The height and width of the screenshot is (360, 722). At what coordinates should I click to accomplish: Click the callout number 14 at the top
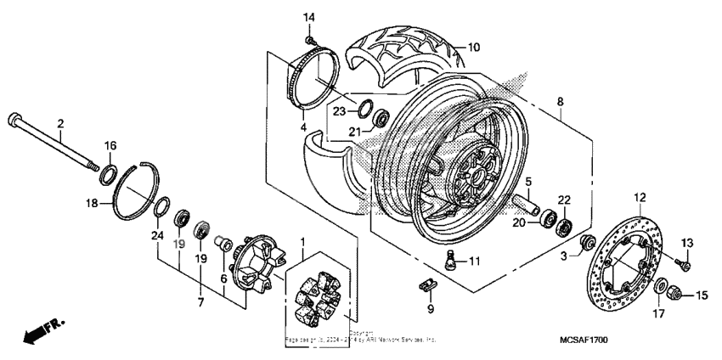coord(309,17)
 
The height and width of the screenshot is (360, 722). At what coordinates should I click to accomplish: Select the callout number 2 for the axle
coord(60,124)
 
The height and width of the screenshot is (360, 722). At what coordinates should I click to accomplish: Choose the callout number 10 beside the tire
coord(474,47)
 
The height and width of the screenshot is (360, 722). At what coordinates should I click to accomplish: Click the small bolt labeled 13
coord(685,265)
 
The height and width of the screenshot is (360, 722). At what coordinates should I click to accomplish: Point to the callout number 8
coord(559,103)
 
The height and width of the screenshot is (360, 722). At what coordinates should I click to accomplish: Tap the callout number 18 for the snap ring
coord(93,203)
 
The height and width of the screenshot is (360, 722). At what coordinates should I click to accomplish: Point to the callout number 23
coord(338,110)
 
